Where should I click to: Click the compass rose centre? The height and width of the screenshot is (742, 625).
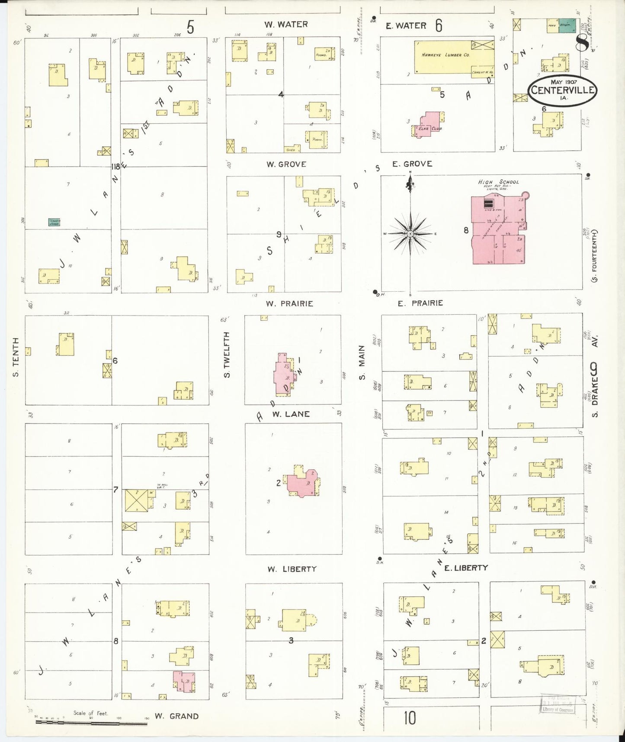410,234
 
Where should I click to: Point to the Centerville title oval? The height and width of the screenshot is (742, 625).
561,90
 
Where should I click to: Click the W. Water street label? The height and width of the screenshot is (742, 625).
286,25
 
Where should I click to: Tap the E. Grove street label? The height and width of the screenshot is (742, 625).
412,164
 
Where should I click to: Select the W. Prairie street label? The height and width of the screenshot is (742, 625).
289,303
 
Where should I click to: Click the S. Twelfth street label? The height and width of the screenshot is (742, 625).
227,354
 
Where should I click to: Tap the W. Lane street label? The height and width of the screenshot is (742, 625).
291,414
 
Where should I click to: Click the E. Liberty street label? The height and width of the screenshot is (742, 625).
466,568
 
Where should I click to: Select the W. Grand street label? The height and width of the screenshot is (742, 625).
176,716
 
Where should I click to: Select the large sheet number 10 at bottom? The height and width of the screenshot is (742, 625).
410,718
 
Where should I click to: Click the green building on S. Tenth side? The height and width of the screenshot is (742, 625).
54,222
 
